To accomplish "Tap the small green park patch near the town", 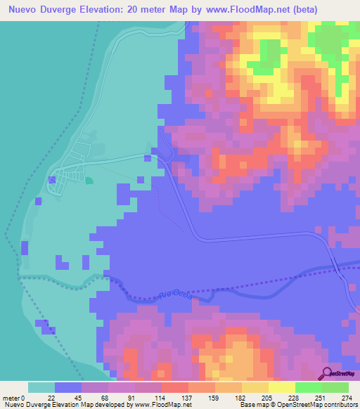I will [x=89, y=181].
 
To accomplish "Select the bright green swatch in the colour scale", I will [x=308, y=387].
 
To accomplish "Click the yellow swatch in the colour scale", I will [x=281, y=387].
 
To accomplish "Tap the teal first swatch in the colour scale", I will [x=41, y=387].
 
